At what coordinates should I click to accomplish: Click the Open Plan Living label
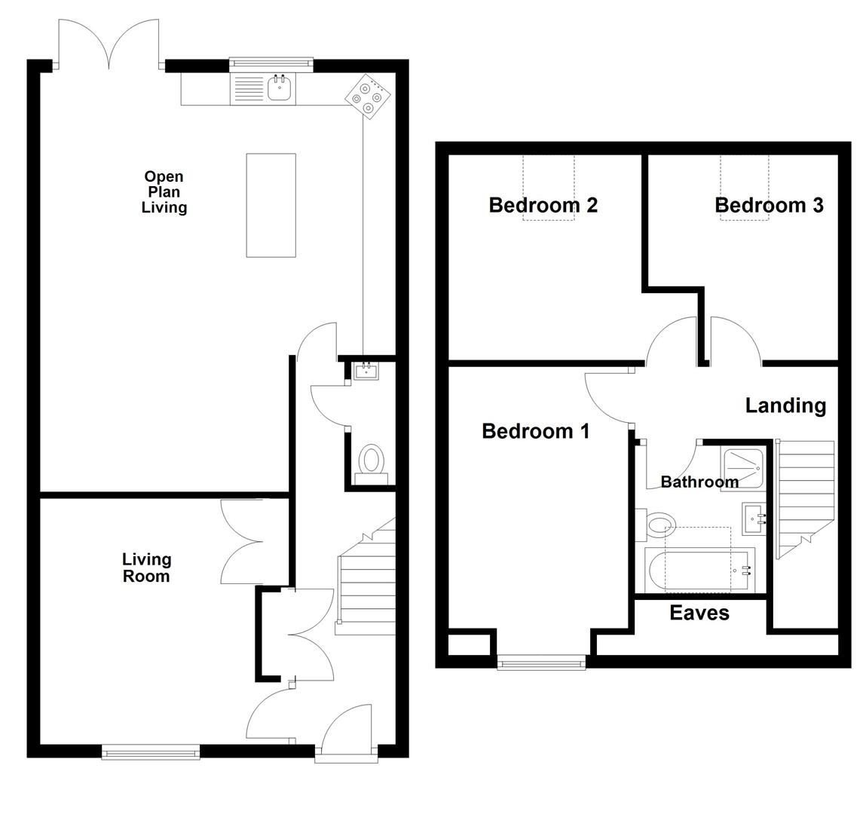[x=164, y=192]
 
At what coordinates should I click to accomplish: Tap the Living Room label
[x=146, y=568]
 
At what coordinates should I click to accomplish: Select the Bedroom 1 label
[x=535, y=431]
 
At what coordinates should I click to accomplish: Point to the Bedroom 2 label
[x=543, y=205]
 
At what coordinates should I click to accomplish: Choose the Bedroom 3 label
[x=769, y=205]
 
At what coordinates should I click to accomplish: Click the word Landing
[x=785, y=405]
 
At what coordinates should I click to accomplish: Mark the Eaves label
[x=699, y=613]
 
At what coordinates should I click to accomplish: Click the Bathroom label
[x=699, y=482]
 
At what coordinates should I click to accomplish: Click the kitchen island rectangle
[x=271, y=205]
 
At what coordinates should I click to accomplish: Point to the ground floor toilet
[x=372, y=461]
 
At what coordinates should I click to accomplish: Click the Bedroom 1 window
[x=541, y=663]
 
